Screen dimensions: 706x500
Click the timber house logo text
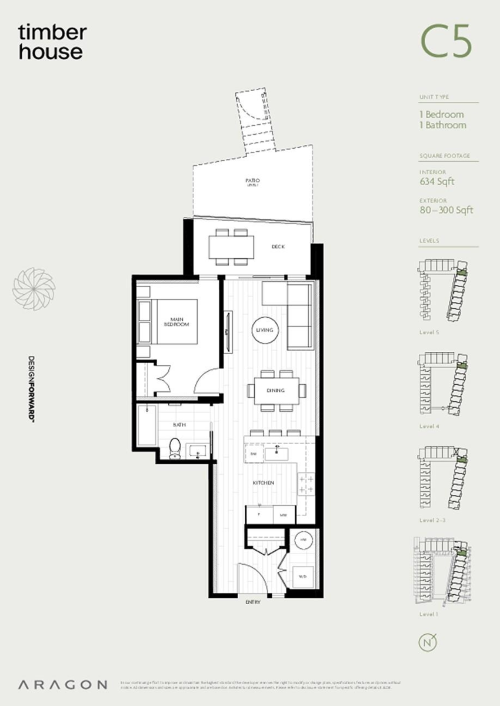[x=51, y=42]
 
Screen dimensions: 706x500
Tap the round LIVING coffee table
[x=265, y=330]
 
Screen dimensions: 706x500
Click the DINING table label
[x=275, y=391]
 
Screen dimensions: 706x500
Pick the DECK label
[x=278, y=247]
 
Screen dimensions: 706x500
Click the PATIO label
[x=253, y=181]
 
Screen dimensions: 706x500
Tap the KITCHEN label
[x=264, y=483]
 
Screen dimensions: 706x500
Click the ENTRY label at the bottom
[x=253, y=602]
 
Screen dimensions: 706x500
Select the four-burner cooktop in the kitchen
[x=306, y=484]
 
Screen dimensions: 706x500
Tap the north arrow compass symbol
[x=429, y=642]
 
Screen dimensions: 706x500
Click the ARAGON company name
[x=62, y=685]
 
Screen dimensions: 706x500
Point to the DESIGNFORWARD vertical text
[x=34, y=389]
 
